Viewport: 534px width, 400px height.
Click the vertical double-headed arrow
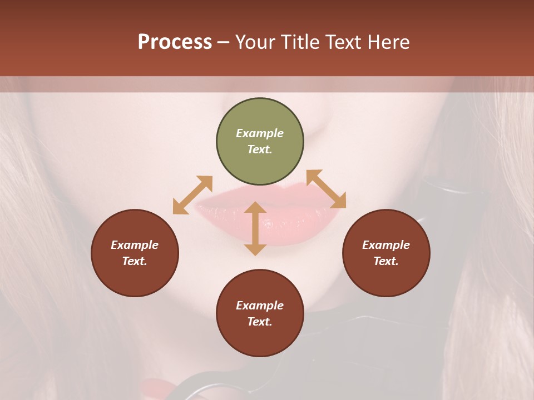tap(255, 228)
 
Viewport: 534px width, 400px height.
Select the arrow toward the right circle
tap(327, 189)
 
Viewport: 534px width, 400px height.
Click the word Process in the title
tap(175, 42)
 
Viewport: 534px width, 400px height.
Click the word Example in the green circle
tap(260, 133)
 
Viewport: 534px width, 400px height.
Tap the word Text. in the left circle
tap(135, 261)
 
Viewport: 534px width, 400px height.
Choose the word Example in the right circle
tap(386, 245)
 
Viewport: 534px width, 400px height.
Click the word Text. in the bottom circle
tap(260, 322)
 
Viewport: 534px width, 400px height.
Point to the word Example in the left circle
tap(135, 245)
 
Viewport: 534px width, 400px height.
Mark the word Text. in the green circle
tap(260, 149)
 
